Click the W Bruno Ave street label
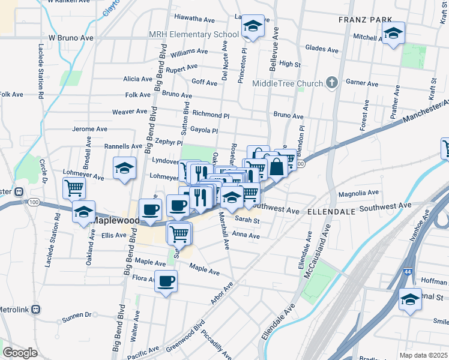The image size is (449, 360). click(71, 37)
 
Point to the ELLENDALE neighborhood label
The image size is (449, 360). click(332, 212)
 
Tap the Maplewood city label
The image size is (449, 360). click(114, 220)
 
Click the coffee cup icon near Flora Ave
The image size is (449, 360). click(166, 280)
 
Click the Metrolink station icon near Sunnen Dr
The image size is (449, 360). click(35, 310)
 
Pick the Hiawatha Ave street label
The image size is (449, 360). click(194, 19)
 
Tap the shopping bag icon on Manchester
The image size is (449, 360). click(276, 167)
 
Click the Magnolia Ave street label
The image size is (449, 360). click(358, 193)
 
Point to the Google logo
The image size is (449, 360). click(20, 353)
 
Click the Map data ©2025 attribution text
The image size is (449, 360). click(424, 355)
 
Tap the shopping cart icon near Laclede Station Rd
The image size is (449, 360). click(74, 188)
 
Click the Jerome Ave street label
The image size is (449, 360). click(89, 129)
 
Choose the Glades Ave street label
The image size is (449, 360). click(321, 49)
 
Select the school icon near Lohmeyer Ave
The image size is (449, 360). click(124, 167)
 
